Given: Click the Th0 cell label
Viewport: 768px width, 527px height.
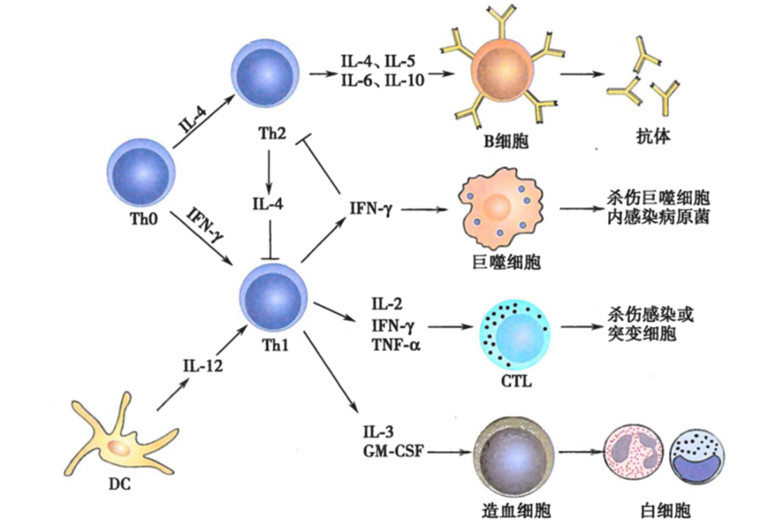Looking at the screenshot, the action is [144, 218].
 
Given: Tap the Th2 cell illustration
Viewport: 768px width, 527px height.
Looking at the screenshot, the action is [265, 73].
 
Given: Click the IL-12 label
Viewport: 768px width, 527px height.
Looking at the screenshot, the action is [203, 366].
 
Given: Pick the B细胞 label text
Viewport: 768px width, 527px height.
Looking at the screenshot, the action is [506, 141].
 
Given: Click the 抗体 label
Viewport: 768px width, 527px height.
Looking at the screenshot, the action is [653, 136].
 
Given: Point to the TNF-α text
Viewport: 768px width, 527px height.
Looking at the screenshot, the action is [396, 346].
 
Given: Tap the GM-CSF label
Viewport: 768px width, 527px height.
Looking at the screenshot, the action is [393, 450].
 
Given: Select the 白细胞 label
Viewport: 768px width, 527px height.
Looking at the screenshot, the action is [665, 511].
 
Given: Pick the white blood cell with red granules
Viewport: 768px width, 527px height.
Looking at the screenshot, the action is [634, 454].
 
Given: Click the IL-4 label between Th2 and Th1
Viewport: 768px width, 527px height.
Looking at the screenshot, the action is [268, 203].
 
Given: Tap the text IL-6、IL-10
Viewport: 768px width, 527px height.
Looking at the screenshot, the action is [383, 80].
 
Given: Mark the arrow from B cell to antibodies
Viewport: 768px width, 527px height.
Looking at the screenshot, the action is [582, 75].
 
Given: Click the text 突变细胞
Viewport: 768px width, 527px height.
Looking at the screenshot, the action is [641, 334].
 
